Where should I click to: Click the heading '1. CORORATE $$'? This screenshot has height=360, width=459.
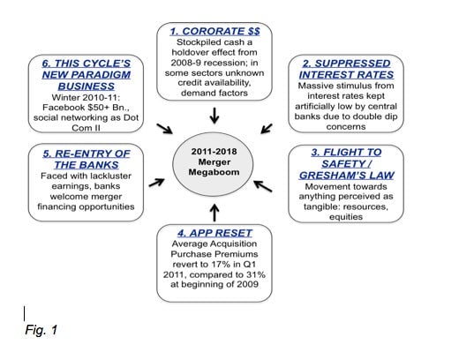pyautogui.click(x=214, y=31)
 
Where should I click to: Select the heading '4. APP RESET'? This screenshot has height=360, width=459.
pyautogui.click(x=214, y=233)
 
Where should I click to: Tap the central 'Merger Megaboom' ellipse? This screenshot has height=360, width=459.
pyautogui.click(x=213, y=164)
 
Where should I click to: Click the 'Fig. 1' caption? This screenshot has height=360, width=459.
pyautogui.click(x=41, y=330)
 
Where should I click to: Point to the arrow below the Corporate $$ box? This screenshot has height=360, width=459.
pyautogui.click(x=214, y=116)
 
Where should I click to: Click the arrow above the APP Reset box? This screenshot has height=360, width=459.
pyautogui.click(x=214, y=213)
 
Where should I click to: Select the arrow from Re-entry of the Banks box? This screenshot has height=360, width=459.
pyautogui.click(x=156, y=183)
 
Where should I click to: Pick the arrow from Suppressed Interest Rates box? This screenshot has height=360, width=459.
pyautogui.click(x=267, y=129)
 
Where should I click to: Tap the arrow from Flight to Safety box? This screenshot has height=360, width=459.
pyautogui.click(x=263, y=186)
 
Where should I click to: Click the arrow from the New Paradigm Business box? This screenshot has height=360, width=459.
pyautogui.click(x=164, y=129)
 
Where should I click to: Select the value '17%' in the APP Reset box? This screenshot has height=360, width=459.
pyautogui.click(x=221, y=264)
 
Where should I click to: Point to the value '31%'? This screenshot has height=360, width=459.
pyautogui.click(x=255, y=274)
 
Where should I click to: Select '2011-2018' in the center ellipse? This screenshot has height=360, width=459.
pyautogui.click(x=214, y=152)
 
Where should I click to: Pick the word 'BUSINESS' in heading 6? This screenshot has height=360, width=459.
pyautogui.click(x=87, y=86)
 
